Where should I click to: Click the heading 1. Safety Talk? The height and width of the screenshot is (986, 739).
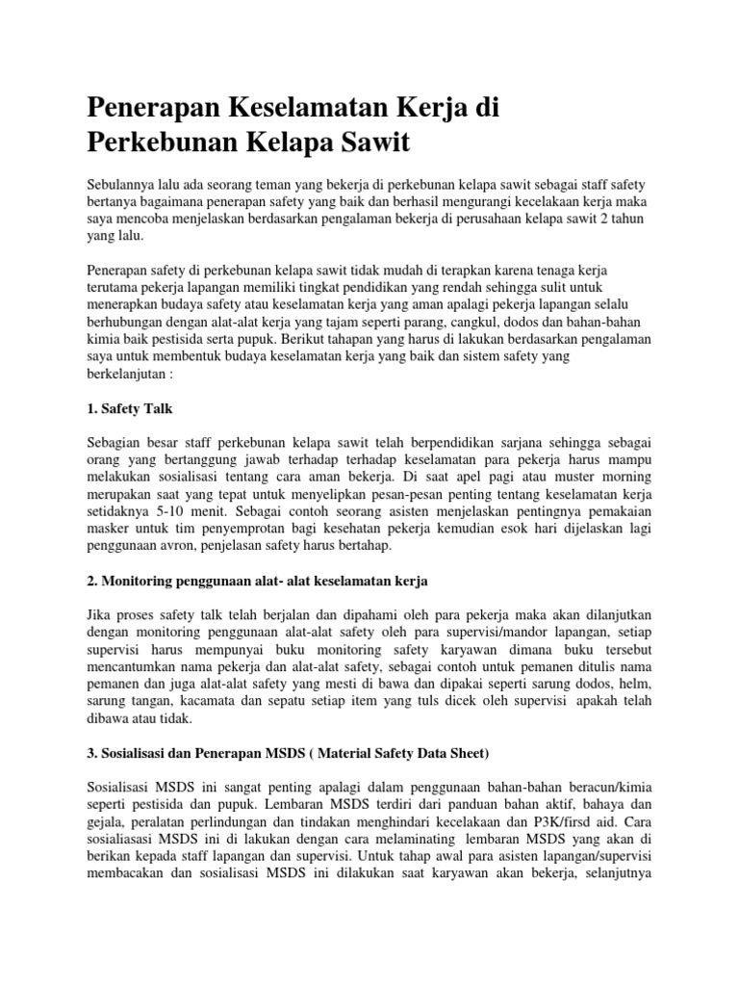click(129, 409)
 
